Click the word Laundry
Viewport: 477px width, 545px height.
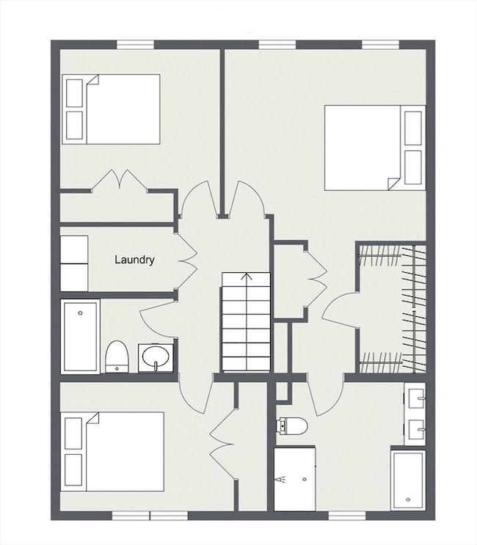(x=134, y=260)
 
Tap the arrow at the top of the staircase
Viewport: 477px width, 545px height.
(x=246, y=277)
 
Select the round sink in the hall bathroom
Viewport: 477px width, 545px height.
(x=156, y=358)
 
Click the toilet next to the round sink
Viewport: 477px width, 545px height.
(x=117, y=356)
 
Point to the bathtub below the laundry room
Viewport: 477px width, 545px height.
(x=80, y=337)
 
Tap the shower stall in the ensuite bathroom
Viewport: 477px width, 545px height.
(x=295, y=478)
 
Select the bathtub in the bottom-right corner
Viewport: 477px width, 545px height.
(x=407, y=479)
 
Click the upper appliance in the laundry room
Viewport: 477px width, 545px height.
(x=74, y=249)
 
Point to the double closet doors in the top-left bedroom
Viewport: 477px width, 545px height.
(x=119, y=180)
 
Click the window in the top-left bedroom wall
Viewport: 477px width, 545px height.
(x=136, y=45)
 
